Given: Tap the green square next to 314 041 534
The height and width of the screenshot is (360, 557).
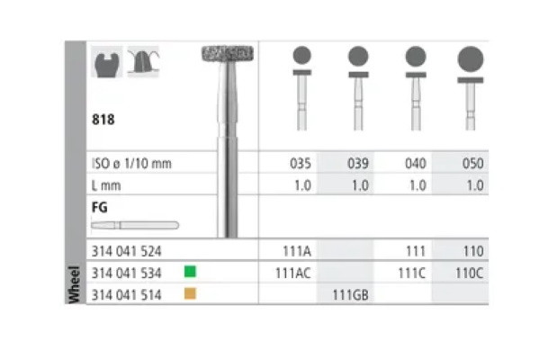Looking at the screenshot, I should [189, 270].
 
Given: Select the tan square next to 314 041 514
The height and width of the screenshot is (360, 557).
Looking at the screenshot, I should [189, 293].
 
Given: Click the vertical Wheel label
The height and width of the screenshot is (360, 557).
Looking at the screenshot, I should [76, 282].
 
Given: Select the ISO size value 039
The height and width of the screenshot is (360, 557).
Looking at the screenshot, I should [358, 164].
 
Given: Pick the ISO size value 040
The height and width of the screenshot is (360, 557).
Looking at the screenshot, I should [415, 164].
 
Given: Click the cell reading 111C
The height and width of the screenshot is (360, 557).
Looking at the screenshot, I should [414, 271].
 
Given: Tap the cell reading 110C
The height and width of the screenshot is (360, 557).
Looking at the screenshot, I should [471, 271].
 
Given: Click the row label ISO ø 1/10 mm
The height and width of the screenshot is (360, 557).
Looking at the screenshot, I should [131, 164].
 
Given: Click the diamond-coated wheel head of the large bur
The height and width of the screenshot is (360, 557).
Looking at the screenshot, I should [226, 52].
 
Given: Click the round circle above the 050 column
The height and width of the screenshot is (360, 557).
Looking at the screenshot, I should [471, 60].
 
